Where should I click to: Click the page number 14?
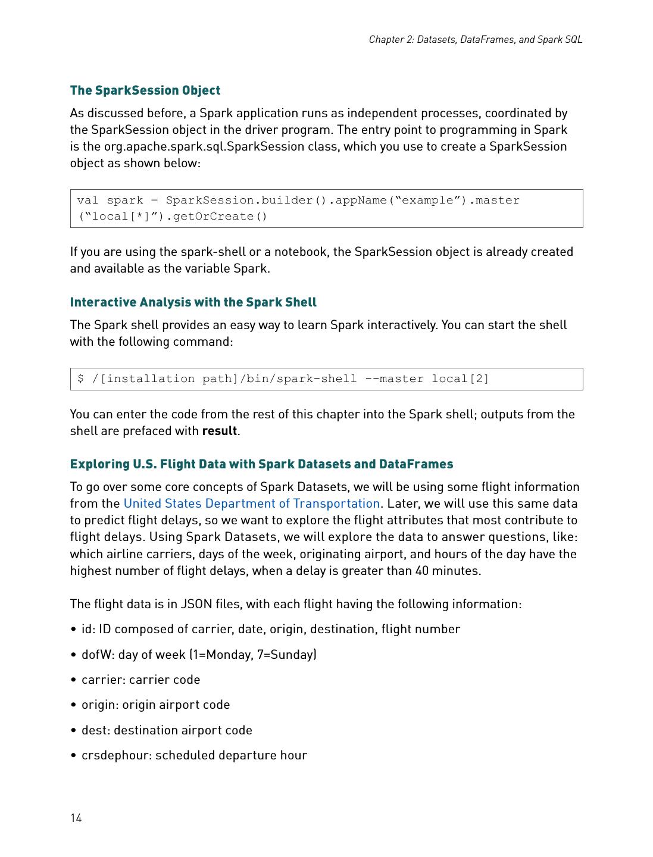(x=76, y=818)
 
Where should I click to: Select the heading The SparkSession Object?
(x=145, y=90)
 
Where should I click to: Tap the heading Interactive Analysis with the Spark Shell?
(x=193, y=302)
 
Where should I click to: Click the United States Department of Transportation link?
(x=251, y=503)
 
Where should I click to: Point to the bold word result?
(x=220, y=431)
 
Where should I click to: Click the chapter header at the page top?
(x=475, y=39)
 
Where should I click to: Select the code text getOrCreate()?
(x=220, y=217)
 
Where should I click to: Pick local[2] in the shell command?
(x=460, y=379)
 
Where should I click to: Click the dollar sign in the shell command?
(x=81, y=379)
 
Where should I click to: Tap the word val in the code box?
(x=88, y=201)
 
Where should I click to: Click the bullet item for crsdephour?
(x=194, y=755)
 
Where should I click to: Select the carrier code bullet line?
(x=140, y=680)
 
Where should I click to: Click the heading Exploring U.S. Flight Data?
(x=261, y=464)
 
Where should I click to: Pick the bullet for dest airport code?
(x=167, y=730)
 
